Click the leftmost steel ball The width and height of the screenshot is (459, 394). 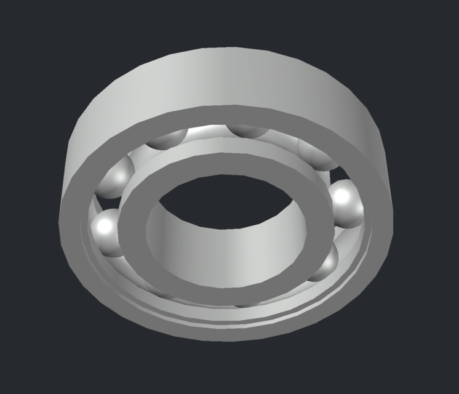click(107, 230)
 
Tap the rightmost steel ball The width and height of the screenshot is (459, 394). click(346, 202)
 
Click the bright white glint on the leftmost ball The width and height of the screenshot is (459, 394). click(105, 227)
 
